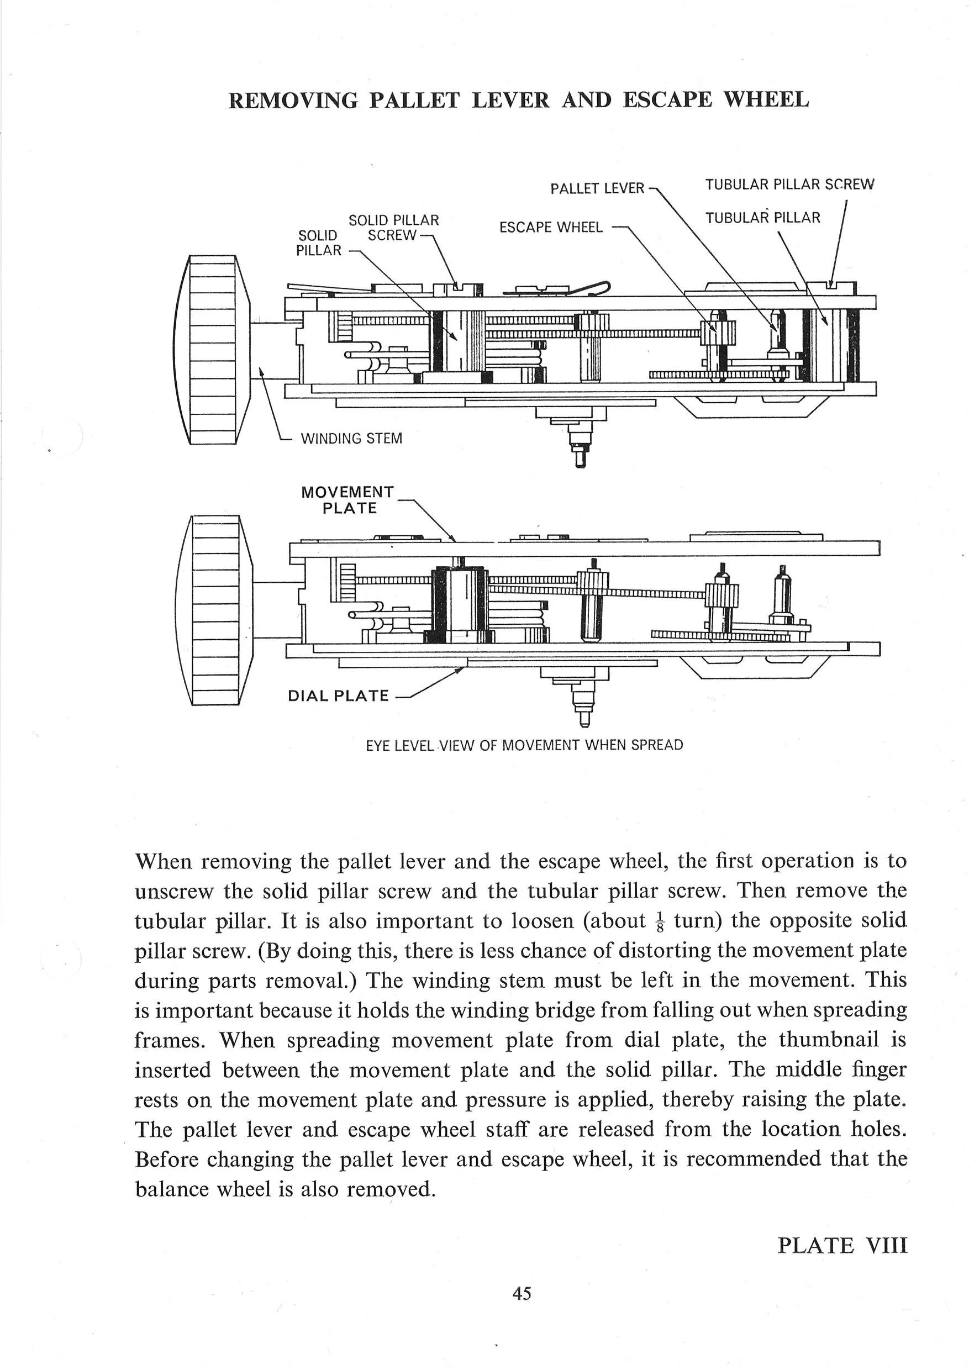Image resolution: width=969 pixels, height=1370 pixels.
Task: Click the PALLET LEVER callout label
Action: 597,188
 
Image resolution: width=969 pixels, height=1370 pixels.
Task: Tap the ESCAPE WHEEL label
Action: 551,228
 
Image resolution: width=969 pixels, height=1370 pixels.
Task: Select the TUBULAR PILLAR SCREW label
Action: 789,185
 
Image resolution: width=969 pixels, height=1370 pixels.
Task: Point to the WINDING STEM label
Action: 351,439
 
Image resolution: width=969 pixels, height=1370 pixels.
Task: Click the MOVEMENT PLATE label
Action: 348,500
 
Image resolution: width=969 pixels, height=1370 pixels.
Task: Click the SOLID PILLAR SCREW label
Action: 393,228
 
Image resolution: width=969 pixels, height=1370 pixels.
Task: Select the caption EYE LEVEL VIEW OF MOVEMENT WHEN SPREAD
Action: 524,745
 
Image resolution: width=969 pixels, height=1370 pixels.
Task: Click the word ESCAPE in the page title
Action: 667,99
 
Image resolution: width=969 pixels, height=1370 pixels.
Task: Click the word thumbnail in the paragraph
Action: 829,1040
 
